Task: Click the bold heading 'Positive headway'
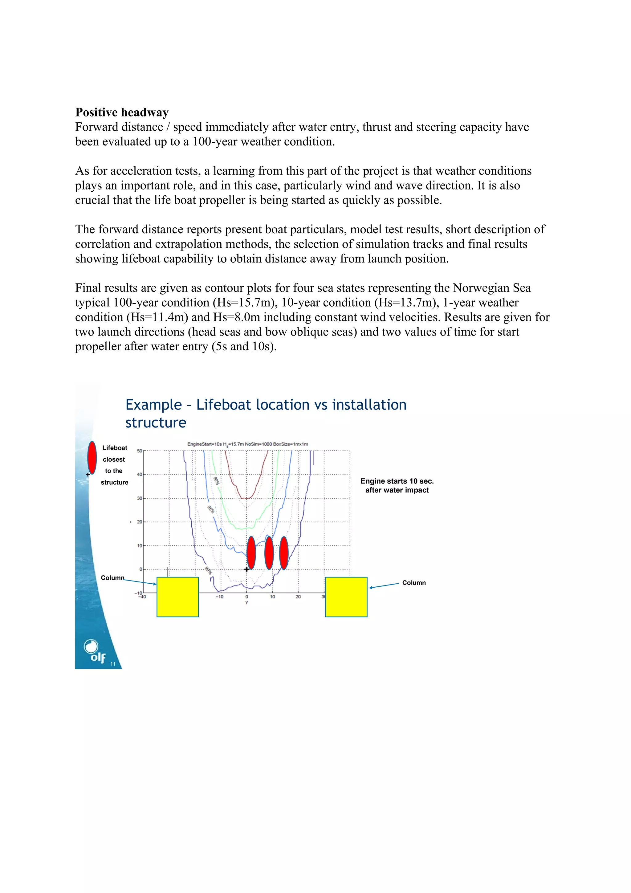click(122, 112)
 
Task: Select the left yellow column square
click(178, 597)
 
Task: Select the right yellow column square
click(346, 597)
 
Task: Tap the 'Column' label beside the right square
click(414, 583)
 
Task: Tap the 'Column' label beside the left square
click(112, 577)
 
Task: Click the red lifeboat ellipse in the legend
click(92, 457)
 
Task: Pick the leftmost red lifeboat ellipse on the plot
click(251, 553)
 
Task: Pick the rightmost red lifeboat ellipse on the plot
click(284, 553)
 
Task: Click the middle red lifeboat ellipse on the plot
click(269, 553)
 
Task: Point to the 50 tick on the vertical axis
click(140, 451)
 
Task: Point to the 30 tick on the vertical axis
click(140, 498)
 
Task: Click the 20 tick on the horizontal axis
click(298, 597)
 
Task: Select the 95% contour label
click(210, 509)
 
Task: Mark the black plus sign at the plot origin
click(246, 569)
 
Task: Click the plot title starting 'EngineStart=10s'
click(248, 444)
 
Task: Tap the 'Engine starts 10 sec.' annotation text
click(397, 481)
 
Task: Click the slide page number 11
click(113, 664)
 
